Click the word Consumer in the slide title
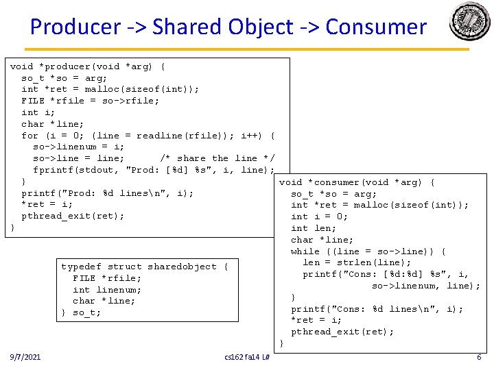(x=376, y=27)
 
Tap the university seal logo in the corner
(x=470, y=21)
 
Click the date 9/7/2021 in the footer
(x=25, y=357)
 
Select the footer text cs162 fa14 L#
(x=247, y=358)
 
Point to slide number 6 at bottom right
(x=479, y=357)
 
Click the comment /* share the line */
(x=217, y=158)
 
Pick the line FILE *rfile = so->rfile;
(x=90, y=101)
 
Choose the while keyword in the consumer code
(x=305, y=251)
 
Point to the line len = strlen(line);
(x=357, y=262)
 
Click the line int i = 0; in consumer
(x=320, y=217)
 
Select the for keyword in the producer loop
(x=30, y=136)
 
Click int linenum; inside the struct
(x=107, y=289)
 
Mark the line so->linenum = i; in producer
(x=78, y=147)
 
